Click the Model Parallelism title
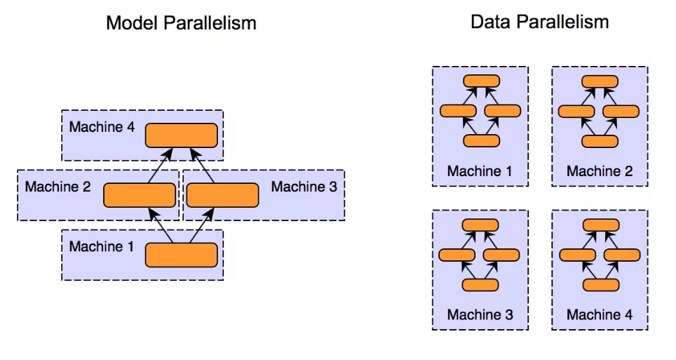(181, 22)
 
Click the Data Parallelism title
(539, 22)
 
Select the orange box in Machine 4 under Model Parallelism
(181, 135)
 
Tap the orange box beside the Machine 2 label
(139, 195)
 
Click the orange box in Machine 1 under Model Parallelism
(181, 255)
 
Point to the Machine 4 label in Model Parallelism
(102, 128)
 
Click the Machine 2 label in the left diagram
(58, 187)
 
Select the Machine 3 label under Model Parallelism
(304, 187)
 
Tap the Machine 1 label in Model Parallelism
(102, 246)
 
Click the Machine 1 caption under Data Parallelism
(480, 171)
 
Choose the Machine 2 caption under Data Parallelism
(600, 171)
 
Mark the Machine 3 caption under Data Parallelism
(480, 315)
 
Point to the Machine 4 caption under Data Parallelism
(600, 315)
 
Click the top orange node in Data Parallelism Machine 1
(480, 80)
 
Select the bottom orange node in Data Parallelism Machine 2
(600, 141)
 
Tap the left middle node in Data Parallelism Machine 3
(458, 255)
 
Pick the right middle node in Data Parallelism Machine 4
(622, 255)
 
